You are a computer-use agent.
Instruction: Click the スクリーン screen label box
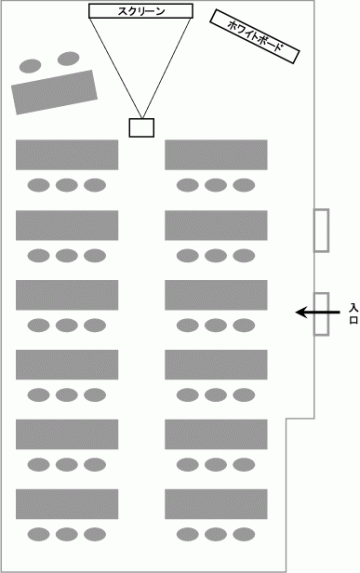[141, 11]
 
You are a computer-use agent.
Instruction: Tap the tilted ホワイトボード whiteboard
[255, 36]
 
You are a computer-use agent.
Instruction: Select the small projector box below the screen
[141, 128]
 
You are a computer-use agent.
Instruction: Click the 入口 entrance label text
[353, 314]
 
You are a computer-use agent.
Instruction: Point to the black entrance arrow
[317, 312]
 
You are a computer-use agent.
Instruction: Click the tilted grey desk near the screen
[54, 92]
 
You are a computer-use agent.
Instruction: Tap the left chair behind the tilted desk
[30, 66]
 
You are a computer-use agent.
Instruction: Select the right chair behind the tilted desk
[68, 58]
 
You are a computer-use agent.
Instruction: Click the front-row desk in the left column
[67, 155]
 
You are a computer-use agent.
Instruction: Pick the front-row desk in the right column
[216, 155]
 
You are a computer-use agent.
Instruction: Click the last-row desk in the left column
[67, 504]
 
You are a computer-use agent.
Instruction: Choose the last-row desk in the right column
[216, 504]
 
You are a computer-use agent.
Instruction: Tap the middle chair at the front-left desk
[67, 185]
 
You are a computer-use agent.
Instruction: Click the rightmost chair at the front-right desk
[244, 185]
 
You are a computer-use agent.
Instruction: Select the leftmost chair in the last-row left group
[38, 534]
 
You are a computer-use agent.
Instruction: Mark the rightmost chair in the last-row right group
[244, 534]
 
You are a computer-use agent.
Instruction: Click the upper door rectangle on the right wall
[321, 230]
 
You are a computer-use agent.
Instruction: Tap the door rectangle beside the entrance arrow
[321, 314]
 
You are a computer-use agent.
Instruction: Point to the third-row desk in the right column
[216, 295]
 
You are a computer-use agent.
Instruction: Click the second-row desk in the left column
[67, 225]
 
